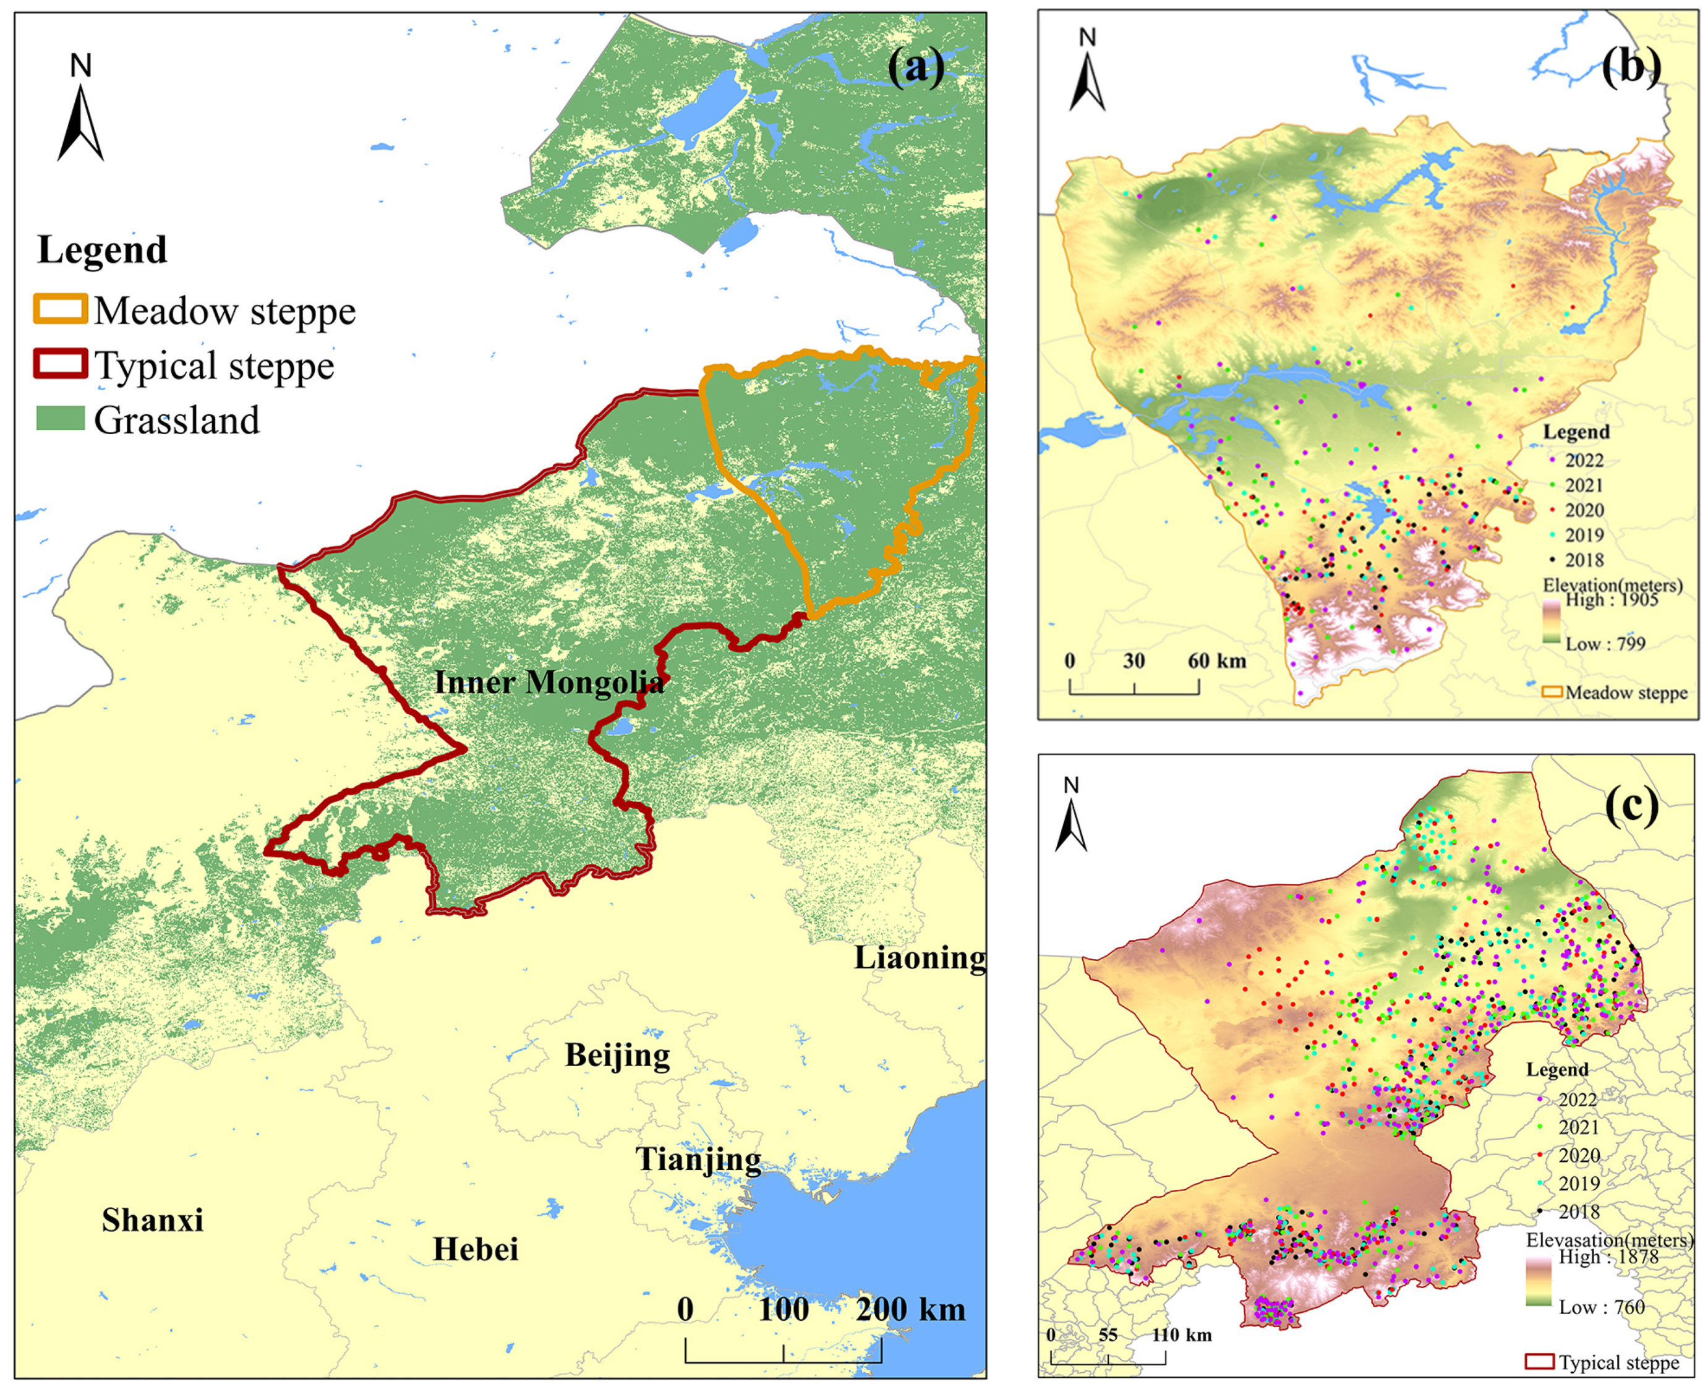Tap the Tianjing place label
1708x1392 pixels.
click(x=698, y=1159)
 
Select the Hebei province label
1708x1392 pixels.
click(x=476, y=1249)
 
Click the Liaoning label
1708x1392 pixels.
click(x=919, y=957)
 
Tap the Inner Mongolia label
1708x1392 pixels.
click(x=549, y=682)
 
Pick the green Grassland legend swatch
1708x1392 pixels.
click(x=60, y=418)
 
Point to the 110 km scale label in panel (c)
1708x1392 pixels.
click(x=1182, y=1335)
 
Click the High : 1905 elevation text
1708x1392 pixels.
click(x=1611, y=600)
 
